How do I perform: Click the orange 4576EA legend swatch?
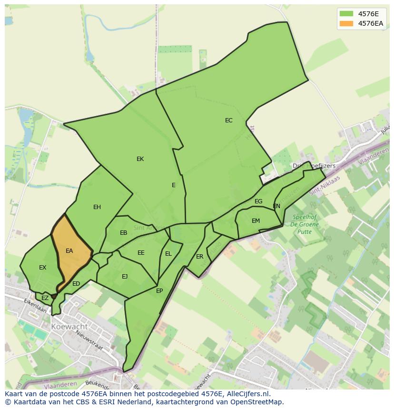346,23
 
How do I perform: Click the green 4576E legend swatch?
346,14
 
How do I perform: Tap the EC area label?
229,120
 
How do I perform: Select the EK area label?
140,159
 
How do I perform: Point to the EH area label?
97,207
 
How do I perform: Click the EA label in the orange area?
69,251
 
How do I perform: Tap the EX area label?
43,268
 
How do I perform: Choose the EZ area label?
45,298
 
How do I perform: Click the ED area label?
76,284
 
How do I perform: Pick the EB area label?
123,233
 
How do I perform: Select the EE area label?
141,253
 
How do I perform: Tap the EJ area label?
125,276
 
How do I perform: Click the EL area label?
168,254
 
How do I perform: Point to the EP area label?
159,290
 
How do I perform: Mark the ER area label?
200,257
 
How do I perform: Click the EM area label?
256,221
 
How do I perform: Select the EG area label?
258,201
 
